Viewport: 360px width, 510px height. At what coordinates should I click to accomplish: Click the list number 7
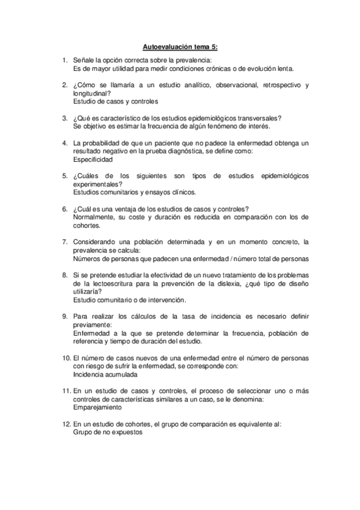pos(64,241)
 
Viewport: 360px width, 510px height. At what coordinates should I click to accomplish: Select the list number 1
pos(64,60)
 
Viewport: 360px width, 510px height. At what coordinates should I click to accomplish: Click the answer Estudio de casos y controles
pos(115,102)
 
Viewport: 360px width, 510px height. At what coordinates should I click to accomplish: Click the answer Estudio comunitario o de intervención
pos(129,300)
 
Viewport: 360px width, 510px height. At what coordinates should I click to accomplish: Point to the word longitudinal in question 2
pos(91,93)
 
